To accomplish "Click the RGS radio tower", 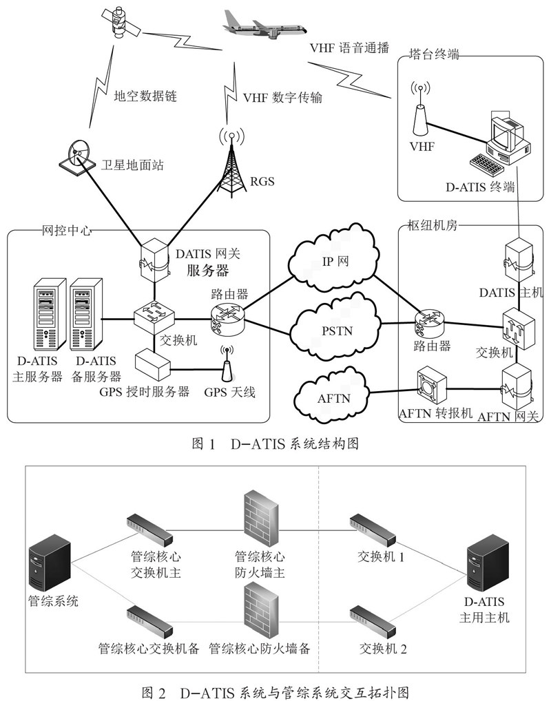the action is pos(231,162).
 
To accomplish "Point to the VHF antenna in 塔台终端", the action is pos(419,109).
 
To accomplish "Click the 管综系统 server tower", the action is pos(50,561).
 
